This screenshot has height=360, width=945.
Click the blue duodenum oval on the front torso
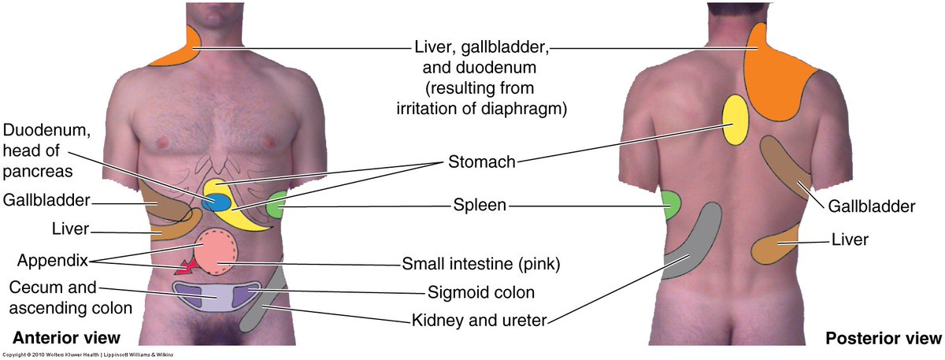point(217,202)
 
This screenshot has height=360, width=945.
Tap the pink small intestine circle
point(215,252)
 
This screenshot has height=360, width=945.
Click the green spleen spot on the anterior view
point(276,206)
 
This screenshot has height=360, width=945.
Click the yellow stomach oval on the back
point(735,120)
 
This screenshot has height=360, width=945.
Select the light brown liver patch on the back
point(776,248)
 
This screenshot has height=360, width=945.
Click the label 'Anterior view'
point(65,338)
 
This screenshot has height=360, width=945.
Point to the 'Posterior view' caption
point(883,339)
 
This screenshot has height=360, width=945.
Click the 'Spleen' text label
point(480,207)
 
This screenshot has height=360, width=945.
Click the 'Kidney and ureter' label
point(480,321)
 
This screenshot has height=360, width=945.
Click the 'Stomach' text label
point(481,163)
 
